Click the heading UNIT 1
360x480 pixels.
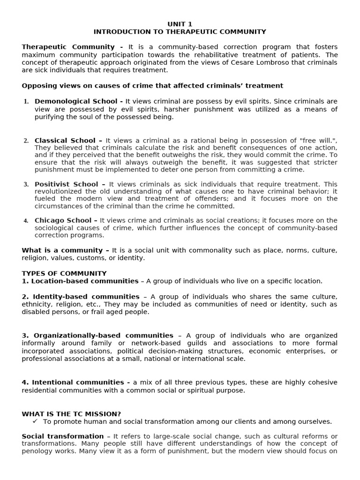pos(180,24)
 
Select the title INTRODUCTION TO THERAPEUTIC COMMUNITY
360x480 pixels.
pos(180,32)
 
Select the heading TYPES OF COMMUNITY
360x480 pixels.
pos(64,273)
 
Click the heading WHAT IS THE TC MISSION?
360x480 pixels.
pos(71,414)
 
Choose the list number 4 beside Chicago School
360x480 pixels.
pos(26,221)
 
